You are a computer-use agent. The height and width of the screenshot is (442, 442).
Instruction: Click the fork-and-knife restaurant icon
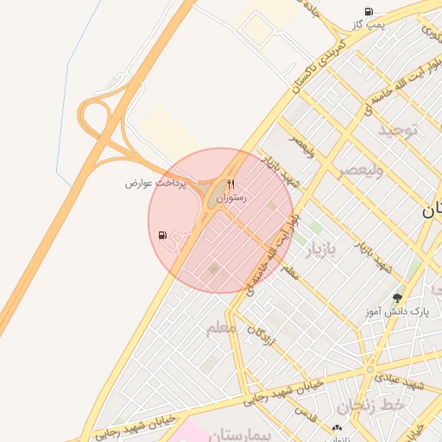230,184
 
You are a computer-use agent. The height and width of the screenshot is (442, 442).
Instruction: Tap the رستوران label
231,199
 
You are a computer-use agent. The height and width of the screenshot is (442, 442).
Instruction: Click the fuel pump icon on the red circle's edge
163,235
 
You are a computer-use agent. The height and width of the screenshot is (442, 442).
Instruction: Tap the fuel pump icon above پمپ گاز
369,11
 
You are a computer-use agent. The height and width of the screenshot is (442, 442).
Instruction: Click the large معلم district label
221,329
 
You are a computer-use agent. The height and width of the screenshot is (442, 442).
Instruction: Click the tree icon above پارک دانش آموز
397,297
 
